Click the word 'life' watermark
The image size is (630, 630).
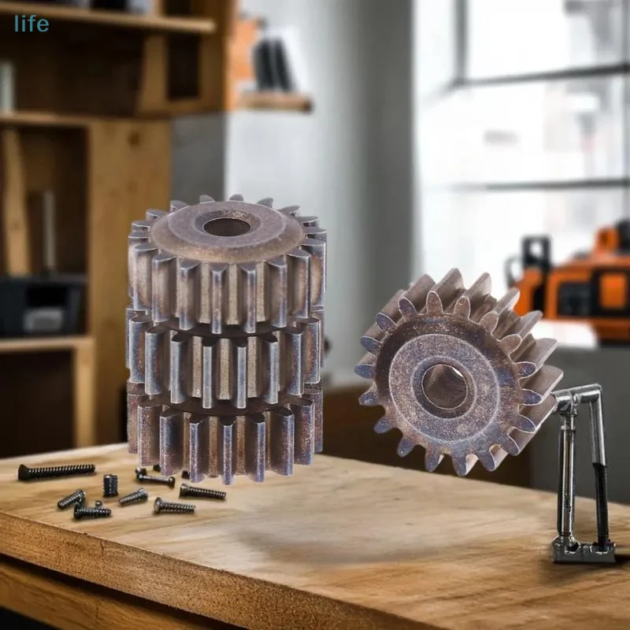pyautogui.click(x=31, y=24)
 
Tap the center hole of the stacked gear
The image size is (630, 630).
pyautogui.click(x=227, y=227)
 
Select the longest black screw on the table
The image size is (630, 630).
pyautogui.click(x=56, y=471)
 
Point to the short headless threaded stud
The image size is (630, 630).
pyautogui.click(x=110, y=485)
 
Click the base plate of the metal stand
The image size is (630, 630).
pyautogui.click(x=583, y=551)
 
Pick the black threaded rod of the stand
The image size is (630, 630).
pyautogui.click(x=601, y=488)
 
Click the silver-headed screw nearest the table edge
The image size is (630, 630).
pyautogui.click(x=173, y=506)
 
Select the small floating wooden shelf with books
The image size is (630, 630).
pyautogui.click(x=276, y=101)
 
